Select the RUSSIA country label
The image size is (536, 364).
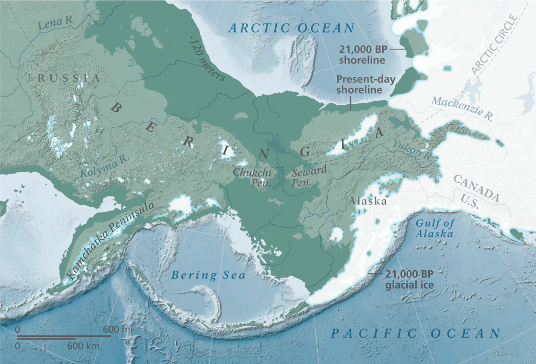[68, 78]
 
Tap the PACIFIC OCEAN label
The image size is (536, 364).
[416, 333]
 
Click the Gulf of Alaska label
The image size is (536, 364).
[434, 228]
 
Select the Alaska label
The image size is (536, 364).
[368, 201]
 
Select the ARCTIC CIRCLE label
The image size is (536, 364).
[493, 45]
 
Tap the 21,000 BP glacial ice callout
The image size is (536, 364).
[410, 279]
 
